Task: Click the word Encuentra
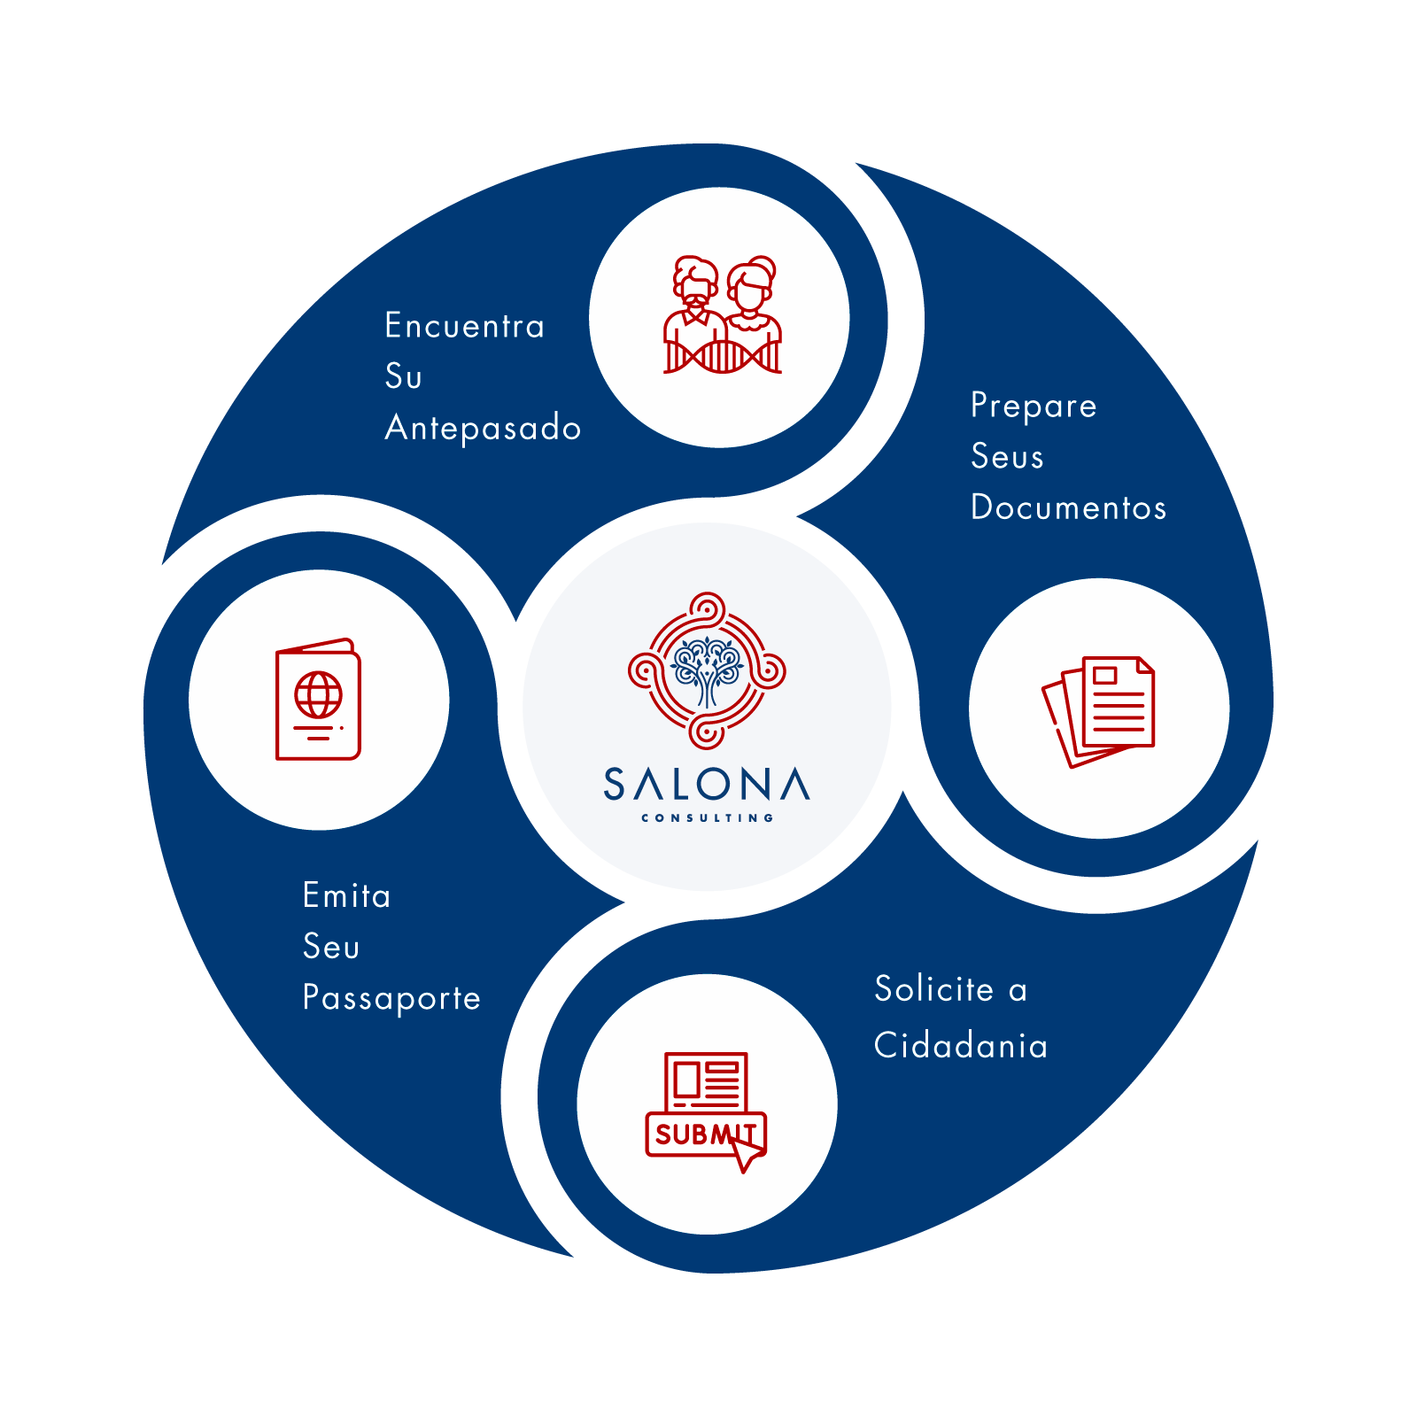pos(464,326)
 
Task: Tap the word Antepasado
pos(483,428)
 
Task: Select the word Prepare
pos(1034,406)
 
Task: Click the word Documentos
pos(1068,507)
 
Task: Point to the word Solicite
pos(934,988)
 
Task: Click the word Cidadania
pos(961,1046)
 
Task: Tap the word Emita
pos(346,895)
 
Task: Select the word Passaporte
pos(391,998)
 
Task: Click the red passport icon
pos(318,700)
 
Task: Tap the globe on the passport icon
pos(319,694)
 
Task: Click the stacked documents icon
pos(1099,709)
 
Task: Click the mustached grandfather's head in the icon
pos(695,283)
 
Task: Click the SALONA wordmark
pos(707,785)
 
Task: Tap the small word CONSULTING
pos(707,818)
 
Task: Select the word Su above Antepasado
pos(403,376)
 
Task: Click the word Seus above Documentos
pos(1007,457)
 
